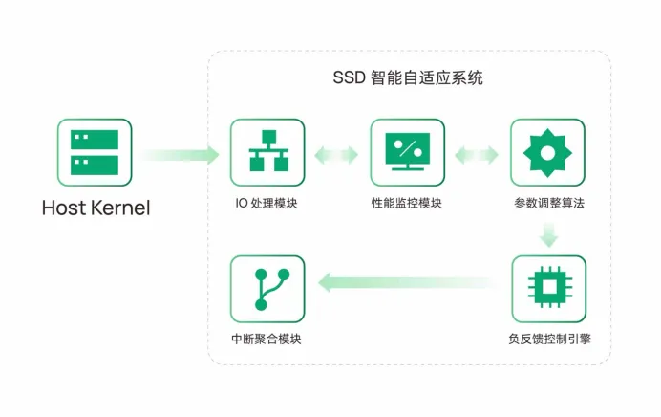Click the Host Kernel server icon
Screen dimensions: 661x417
point(95,152)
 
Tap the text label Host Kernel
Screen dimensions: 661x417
point(96,208)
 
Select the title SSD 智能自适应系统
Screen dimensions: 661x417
point(408,78)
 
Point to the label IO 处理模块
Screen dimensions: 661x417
point(267,204)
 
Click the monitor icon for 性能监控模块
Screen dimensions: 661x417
point(408,152)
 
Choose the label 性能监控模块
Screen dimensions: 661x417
point(406,204)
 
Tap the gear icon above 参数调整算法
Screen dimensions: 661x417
point(547,152)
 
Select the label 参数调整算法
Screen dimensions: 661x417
point(549,204)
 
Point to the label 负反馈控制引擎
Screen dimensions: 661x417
point(549,339)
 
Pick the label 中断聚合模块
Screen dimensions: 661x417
point(267,339)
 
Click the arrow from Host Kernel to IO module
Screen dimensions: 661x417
point(180,155)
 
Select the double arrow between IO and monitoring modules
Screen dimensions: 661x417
point(336,155)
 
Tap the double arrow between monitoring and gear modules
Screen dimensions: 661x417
point(477,155)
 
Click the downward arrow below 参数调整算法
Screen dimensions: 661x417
point(549,234)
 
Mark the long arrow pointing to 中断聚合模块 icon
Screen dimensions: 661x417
point(408,282)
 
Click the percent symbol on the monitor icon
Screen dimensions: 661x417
point(408,148)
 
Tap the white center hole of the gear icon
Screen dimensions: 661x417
point(547,153)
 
